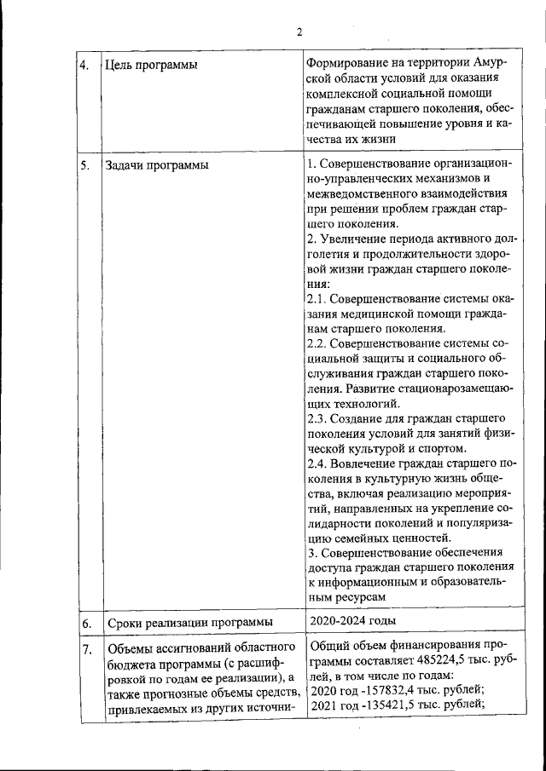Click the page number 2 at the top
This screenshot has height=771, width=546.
click(299, 32)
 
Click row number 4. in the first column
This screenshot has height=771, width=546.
click(85, 65)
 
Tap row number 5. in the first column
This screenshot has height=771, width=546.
click(85, 164)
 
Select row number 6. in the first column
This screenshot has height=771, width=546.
click(86, 623)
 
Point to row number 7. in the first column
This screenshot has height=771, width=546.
click(86, 652)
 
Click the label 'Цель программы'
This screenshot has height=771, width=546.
click(146, 65)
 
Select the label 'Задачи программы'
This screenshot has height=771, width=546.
click(155, 164)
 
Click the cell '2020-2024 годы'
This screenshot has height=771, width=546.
click(353, 620)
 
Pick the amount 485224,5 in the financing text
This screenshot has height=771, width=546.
click(437, 659)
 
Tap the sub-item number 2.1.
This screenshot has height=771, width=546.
click(315, 299)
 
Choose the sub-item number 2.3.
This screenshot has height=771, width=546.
click(315, 418)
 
